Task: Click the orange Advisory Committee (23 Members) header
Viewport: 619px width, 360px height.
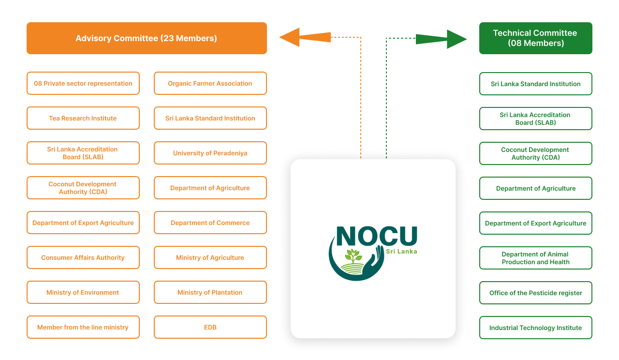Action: click(147, 38)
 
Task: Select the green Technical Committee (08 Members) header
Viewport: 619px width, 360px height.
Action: click(535, 38)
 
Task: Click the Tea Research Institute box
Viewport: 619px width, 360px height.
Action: click(83, 118)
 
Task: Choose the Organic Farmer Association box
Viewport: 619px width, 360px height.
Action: click(210, 83)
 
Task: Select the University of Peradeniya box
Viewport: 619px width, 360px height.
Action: click(210, 153)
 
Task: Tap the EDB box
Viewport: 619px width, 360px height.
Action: click(210, 327)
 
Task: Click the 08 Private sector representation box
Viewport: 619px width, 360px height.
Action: click(83, 83)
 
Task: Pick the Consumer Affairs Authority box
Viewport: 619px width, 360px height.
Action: click(83, 257)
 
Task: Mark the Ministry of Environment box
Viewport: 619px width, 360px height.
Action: click(83, 292)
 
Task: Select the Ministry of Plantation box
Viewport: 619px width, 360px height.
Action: click(210, 292)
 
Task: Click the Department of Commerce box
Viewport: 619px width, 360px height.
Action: click(210, 223)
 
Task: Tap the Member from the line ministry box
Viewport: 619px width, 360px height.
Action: click(83, 327)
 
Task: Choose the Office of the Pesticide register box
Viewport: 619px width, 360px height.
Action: click(535, 293)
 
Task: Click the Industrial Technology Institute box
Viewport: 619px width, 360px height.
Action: click(535, 328)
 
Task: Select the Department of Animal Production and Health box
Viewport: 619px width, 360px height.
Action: click(535, 258)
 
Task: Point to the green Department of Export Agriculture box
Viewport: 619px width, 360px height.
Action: click(535, 223)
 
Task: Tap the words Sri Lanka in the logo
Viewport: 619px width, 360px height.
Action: click(401, 251)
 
